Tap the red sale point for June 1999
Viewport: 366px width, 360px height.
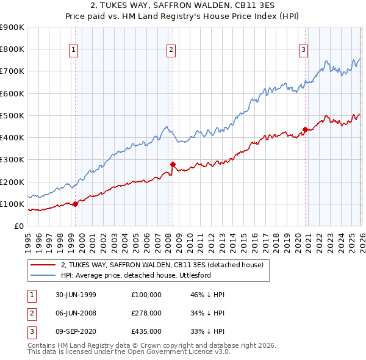(76, 204)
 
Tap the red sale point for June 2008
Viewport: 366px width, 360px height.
(173, 164)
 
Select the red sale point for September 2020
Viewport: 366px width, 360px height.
(305, 129)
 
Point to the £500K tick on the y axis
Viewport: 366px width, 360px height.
(13, 115)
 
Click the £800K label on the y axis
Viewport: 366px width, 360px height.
(13, 49)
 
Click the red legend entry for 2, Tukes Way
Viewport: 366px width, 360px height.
(162, 265)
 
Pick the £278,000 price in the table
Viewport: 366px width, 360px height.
(146, 313)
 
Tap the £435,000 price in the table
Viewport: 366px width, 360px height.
(146, 331)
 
